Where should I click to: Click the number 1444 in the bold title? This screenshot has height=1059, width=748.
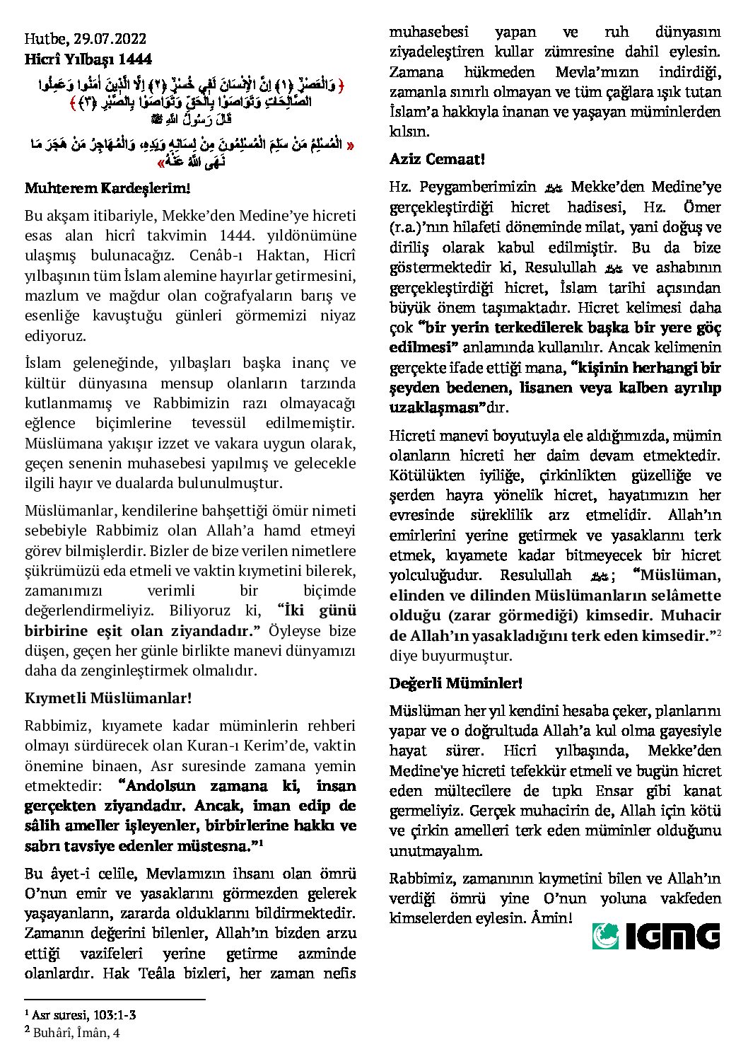pyautogui.click(x=136, y=59)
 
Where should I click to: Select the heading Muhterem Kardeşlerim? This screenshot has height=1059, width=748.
pyautogui.click(x=107, y=188)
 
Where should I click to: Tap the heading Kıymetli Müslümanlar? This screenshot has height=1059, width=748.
pyautogui.click(x=108, y=698)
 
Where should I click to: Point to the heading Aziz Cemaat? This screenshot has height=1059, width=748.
pyautogui.click(x=437, y=159)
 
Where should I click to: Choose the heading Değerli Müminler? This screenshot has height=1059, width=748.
pyautogui.click(x=456, y=683)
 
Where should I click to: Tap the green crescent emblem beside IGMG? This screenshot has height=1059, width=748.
pyautogui.click(x=605, y=936)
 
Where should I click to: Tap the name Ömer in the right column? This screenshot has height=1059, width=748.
pyautogui.click(x=702, y=207)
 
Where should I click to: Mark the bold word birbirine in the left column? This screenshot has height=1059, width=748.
pyautogui.click(x=57, y=631)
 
